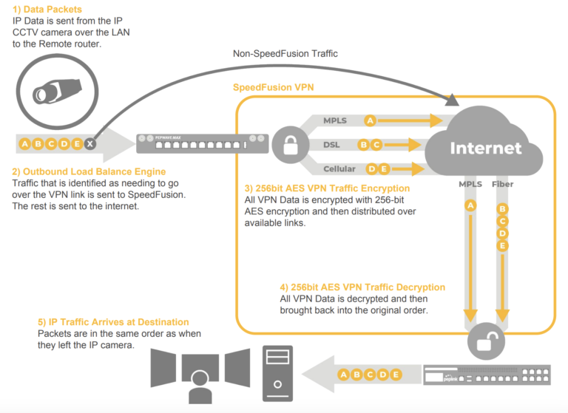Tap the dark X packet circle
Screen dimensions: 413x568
point(89,144)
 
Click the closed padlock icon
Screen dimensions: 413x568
point(289,143)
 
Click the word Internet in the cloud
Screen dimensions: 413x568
point(487,149)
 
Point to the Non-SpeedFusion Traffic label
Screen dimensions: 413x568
point(285,53)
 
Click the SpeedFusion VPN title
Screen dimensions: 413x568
point(273,86)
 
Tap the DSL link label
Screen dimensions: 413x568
point(331,145)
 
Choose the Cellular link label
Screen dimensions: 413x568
point(339,169)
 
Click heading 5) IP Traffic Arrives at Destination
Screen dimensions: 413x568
point(112,322)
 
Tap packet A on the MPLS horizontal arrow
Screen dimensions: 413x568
point(371,120)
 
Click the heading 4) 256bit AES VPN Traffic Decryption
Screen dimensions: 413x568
point(362,287)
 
